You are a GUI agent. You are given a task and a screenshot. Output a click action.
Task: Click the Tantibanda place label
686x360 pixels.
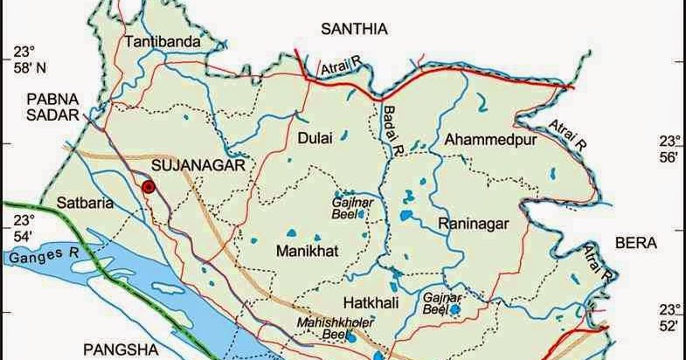pos(163,42)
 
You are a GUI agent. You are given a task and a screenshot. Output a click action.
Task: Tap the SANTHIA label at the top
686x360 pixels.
pos(354,29)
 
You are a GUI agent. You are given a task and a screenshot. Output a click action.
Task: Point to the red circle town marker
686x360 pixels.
pos(149,186)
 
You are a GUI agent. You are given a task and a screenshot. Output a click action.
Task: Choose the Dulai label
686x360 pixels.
pos(315,137)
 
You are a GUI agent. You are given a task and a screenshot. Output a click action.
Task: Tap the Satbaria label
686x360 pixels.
pos(86,204)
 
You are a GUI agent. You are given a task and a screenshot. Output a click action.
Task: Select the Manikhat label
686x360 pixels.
pos(307,251)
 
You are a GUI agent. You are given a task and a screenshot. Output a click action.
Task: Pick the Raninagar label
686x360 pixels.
pos(473,224)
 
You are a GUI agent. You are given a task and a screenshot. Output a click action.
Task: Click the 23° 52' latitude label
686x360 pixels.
pos(669,317)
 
